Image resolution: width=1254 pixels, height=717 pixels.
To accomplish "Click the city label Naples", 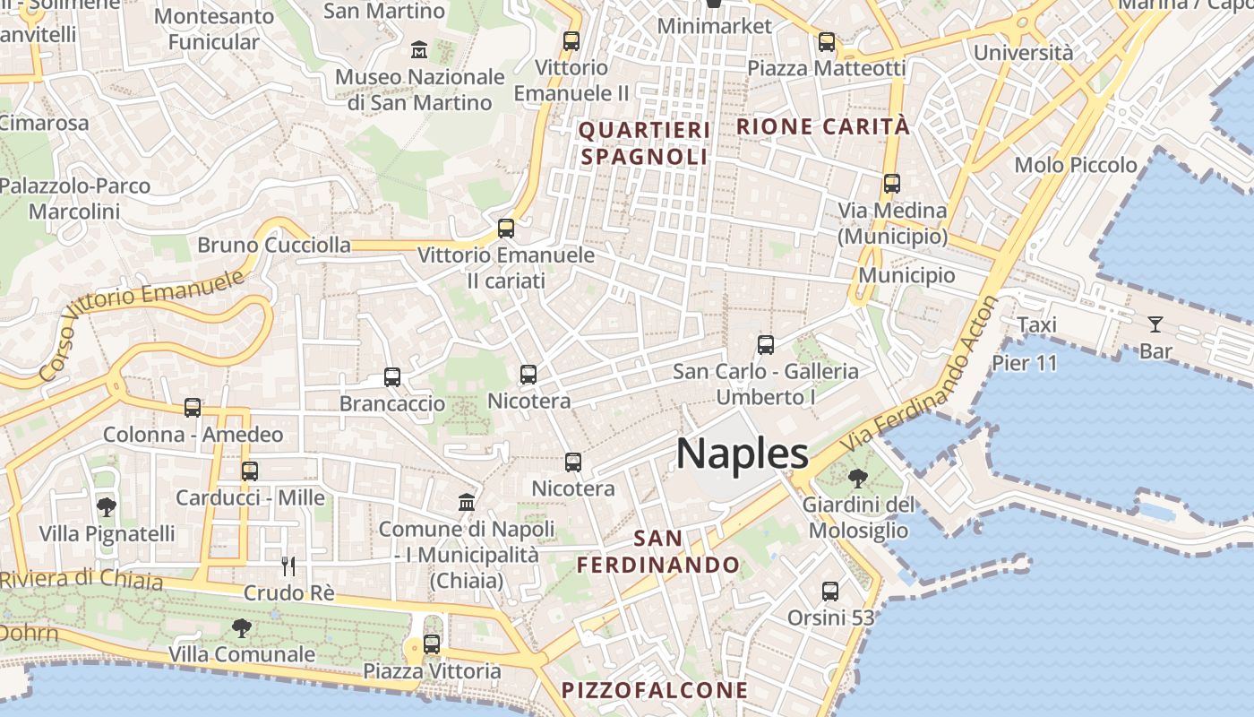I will click(743, 454).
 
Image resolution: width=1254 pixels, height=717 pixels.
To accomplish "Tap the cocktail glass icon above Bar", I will click(1155, 324).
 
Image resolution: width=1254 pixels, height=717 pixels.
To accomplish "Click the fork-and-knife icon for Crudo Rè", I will click(288, 566).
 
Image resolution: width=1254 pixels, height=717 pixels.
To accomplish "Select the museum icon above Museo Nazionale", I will click(418, 50).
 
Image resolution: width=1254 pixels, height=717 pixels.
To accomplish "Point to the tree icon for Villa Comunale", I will click(241, 627).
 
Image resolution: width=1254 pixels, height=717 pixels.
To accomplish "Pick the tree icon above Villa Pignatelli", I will click(107, 507).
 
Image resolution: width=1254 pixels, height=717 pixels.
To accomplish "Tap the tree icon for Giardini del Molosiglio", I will click(857, 478).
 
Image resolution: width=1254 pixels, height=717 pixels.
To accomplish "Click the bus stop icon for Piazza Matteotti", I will click(827, 41).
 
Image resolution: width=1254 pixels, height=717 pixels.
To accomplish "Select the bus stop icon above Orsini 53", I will click(830, 592).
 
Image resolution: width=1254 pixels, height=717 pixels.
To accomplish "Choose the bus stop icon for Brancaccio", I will click(392, 377).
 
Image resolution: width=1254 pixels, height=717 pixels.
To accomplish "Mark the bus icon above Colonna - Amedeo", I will click(193, 408).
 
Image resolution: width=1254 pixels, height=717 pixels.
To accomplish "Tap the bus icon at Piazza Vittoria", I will click(432, 644).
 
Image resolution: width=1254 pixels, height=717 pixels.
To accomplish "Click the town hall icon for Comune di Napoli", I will click(467, 502).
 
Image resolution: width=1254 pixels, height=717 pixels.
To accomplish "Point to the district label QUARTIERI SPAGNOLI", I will click(645, 143).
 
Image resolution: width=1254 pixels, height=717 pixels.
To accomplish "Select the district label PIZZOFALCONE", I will click(654, 690).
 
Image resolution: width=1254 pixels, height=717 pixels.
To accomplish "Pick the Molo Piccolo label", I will click(1076, 165).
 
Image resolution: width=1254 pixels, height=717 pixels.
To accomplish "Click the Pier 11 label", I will click(1025, 363).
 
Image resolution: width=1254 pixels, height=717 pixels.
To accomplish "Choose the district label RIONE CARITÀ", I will click(822, 126).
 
